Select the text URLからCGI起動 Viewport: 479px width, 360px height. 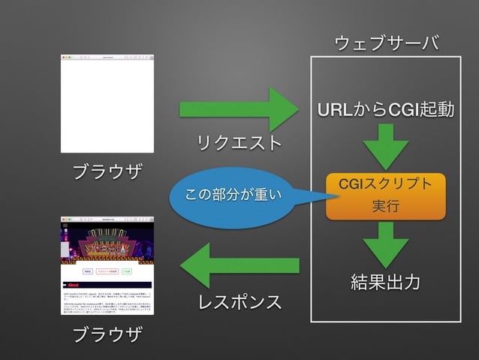point(386,111)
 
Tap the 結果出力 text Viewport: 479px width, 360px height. point(385,283)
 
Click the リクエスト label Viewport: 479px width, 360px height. point(239,144)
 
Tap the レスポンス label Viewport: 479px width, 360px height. point(239,303)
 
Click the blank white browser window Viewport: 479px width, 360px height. point(107,105)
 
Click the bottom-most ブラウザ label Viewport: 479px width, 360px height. point(107,334)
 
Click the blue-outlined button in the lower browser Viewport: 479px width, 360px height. point(88,271)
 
